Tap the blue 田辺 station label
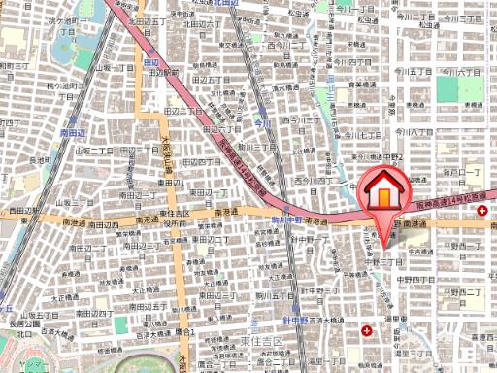tap(149, 62)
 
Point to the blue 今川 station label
tap(260, 124)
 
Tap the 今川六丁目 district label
tap(462, 70)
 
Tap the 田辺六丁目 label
tap(223, 127)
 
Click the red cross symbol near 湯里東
tap(366, 330)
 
